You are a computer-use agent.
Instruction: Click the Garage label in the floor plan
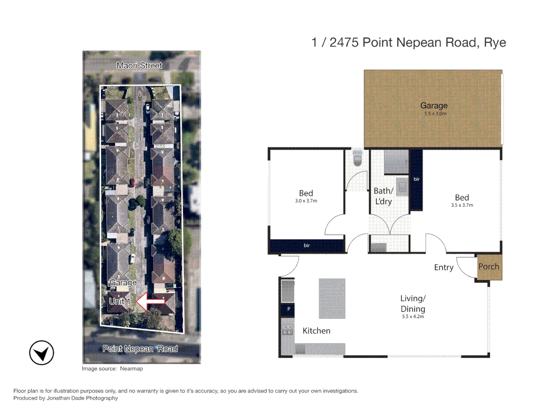point(434,105)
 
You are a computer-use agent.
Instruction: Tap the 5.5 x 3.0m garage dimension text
point(435,114)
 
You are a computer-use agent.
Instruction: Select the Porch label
point(488,267)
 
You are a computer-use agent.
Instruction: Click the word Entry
point(444,267)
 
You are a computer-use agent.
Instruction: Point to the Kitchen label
point(316,331)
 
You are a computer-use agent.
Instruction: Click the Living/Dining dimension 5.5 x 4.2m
point(413,317)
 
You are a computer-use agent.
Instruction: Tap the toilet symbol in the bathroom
point(357,158)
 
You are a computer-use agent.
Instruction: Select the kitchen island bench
point(332,299)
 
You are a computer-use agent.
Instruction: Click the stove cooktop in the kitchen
point(287,329)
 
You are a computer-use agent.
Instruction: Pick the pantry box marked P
point(288,309)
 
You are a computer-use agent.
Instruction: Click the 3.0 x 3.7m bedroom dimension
point(306,201)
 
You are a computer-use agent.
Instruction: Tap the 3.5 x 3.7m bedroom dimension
point(462,205)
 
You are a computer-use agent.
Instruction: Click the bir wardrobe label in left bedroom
point(306,246)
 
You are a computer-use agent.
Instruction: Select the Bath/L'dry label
point(383,196)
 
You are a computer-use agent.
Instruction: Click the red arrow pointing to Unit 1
point(151,301)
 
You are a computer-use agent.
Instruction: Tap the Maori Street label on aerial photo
point(139,66)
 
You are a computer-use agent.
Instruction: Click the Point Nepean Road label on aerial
point(140,349)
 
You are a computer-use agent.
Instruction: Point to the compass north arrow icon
point(41,353)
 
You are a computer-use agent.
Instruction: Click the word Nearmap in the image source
point(131,369)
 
